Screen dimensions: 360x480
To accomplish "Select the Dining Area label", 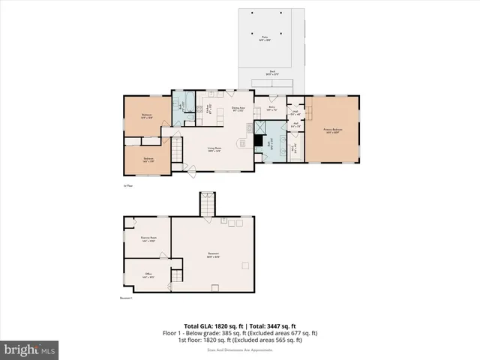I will coord(238,109).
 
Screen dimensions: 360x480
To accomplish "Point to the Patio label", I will coord(265,37).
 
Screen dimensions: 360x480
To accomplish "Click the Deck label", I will coord(271,73).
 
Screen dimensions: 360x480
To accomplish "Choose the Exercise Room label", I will coord(148,239).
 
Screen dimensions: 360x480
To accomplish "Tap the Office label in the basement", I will coord(148,275).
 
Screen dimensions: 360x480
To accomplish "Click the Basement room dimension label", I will coord(213,256).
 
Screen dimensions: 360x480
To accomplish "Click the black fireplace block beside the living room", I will coord(258,140).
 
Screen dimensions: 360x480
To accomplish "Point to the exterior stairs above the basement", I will coord(205,202).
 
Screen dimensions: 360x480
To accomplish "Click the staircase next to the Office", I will coord(175,278).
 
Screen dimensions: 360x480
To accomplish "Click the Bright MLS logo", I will coord(29,349).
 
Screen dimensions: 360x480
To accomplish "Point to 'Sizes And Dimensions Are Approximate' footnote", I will coord(239,349).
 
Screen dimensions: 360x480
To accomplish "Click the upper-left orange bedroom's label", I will coord(147,115).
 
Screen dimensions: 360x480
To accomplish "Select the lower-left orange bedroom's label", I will coord(148,159).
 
